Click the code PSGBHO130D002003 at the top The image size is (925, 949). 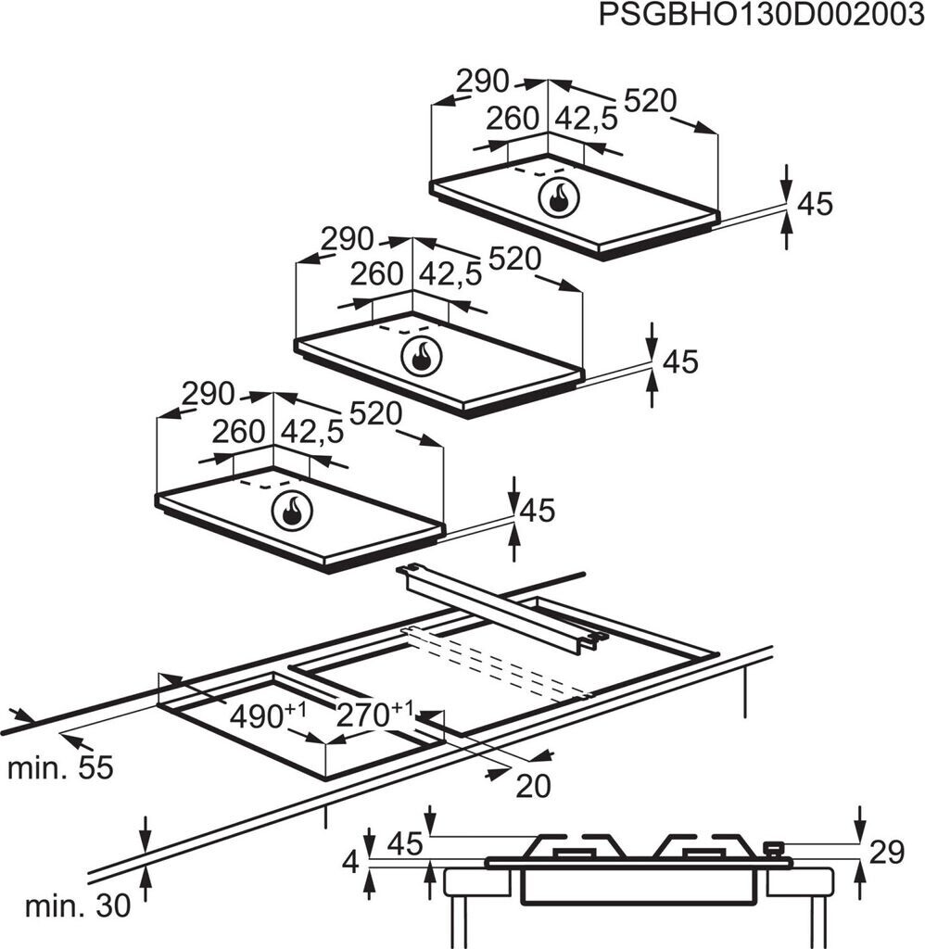pos(761,15)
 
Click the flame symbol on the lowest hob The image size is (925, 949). pos(292,510)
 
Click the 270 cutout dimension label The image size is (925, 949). pos(374,715)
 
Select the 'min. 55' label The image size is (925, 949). pos(60,768)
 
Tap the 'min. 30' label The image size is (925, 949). pos(78,906)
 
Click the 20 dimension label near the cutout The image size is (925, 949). pos(533,787)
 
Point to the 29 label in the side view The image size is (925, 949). pos(886,853)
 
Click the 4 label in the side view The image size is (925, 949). pos(351,861)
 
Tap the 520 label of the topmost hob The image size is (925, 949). pos(650,101)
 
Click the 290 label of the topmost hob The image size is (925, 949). pos(483,82)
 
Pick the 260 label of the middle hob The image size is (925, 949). pos(376,274)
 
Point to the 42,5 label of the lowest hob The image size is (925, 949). pos(312,432)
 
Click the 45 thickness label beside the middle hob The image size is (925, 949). pos(681,361)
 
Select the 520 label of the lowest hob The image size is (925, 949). pos(376,414)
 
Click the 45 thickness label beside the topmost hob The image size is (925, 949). pos(816,204)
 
